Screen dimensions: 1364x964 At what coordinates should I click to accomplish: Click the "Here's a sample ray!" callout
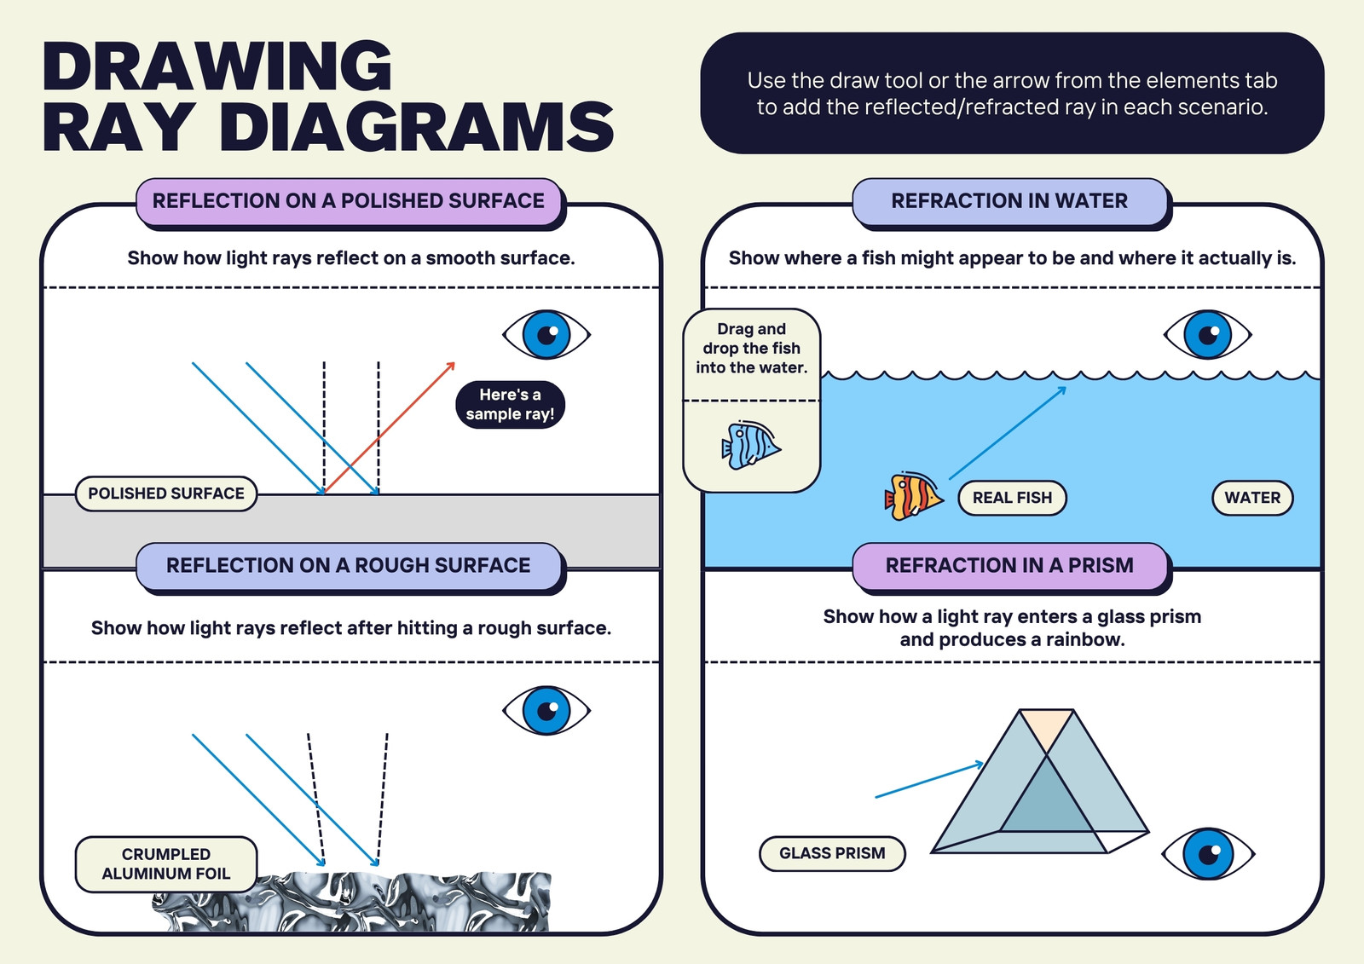pyautogui.click(x=510, y=404)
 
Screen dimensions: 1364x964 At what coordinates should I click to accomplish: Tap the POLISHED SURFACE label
pyautogui.click(x=165, y=494)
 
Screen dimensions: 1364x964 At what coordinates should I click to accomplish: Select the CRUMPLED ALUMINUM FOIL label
pyautogui.click(x=165, y=863)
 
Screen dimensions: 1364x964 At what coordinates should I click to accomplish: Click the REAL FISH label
pyautogui.click(x=1012, y=498)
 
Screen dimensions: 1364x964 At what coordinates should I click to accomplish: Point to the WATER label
pyautogui.click(x=1252, y=498)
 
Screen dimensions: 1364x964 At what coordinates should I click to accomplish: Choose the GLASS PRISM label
pyautogui.click(x=832, y=853)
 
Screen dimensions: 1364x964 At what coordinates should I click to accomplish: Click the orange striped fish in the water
pyautogui.click(x=913, y=496)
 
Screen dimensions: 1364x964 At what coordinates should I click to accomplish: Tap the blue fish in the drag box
pyautogui.click(x=751, y=445)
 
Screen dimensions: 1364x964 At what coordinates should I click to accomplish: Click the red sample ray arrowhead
pyautogui.click(x=451, y=366)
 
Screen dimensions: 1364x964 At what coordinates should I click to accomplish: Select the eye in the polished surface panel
pyautogui.click(x=546, y=334)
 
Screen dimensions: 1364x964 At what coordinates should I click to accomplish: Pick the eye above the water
pyautogui.click(x=1207, y=334)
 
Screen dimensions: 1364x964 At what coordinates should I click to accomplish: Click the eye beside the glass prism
pyautogui.click(x=1208, y=853)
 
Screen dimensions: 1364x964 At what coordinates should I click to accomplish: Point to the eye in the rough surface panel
pyautogui.click(x=546, y=710)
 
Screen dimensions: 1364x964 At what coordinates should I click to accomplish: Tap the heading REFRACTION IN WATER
pyautogui.click(x=1009, y=201)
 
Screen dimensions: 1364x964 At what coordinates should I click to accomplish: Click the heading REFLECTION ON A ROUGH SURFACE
pyautogui.click(x=349, y=565)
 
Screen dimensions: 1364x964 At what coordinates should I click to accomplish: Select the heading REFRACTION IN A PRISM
pyautogui.click(x=1009, y=565)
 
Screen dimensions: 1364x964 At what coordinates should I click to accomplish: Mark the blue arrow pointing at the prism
pyautogui.click(x=929, y=780)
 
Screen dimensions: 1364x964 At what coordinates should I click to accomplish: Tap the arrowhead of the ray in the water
pyautogui.click(x=1061, y=390)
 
